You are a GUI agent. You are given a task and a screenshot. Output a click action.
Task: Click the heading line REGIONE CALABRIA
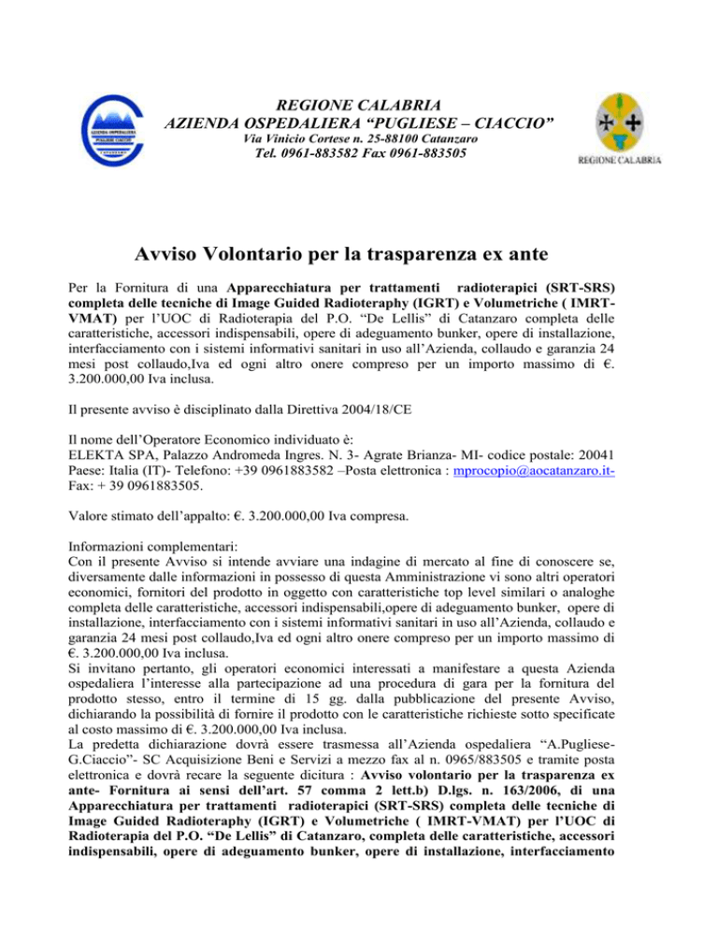click(x=359, y=102)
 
